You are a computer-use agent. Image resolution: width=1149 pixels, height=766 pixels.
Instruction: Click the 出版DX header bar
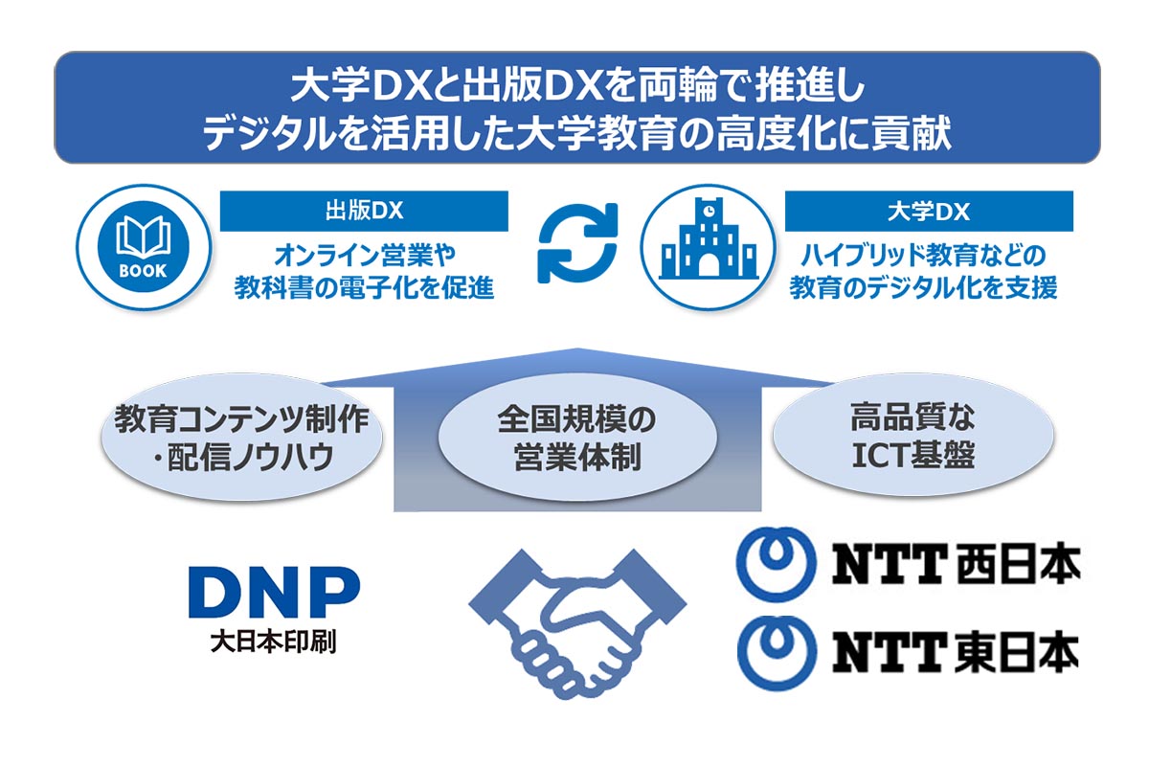(364, 211)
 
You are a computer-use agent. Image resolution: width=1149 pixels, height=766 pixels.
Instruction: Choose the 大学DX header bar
(929, 211)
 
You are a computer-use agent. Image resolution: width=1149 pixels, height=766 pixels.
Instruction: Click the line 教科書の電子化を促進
(364, 286)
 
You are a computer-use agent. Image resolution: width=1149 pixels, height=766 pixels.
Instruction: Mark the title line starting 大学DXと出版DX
(577, 87)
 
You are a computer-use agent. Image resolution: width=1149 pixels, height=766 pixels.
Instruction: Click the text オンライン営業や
(364, 256)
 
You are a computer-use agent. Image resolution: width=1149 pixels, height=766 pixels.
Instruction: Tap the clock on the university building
(709, 208)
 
